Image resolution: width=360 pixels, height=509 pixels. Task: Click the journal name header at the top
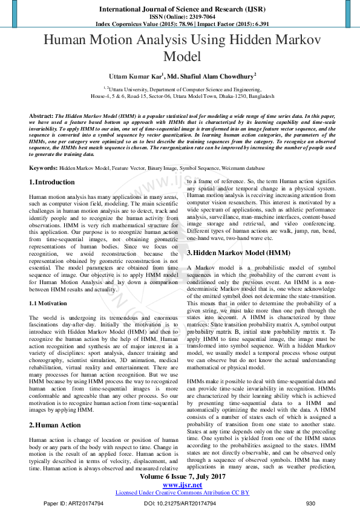pos(180,10)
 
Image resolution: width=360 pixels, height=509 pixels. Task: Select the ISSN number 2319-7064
pos(195,17)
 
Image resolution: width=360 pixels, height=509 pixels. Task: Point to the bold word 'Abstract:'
pos(41,114)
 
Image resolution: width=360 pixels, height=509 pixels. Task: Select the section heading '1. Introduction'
pos(53,182)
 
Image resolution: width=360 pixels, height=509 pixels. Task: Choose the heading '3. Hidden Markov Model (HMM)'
pos(238,252)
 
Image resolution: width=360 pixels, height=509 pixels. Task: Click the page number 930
pos(310,504)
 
